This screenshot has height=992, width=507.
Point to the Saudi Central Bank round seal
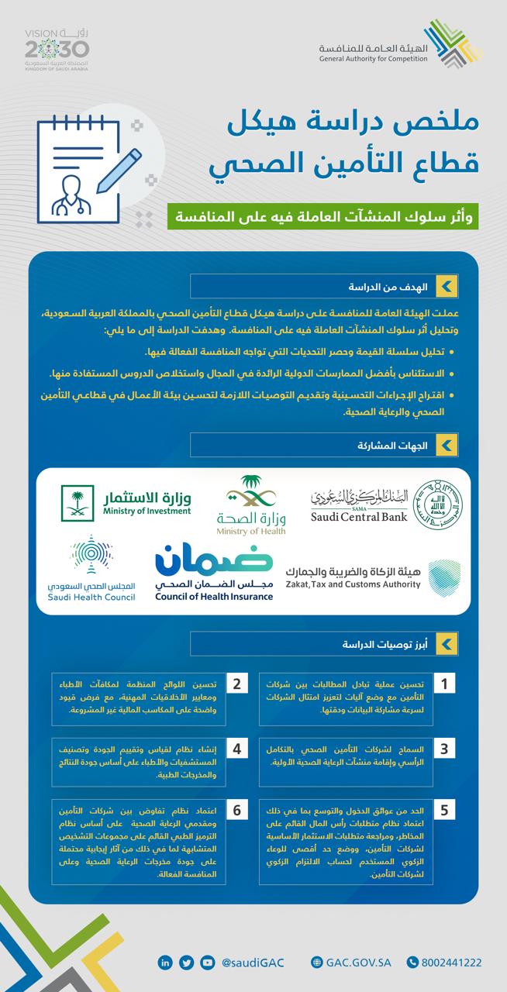[x=438, y=505]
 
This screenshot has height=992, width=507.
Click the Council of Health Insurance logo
[x=214, y=570]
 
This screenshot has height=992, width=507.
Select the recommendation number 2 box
[x=236, y=684]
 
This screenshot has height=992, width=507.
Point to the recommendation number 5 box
[x=443, y=811]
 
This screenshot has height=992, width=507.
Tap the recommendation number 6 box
[x=236, y=811]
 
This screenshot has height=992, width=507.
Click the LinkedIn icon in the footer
[x=165, y=963]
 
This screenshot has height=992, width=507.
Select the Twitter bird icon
[x=186, y=963]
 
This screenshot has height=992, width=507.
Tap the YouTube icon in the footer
[x=206, y=963]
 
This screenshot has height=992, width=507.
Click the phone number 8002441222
[x=452, y=963]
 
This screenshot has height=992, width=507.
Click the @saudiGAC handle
[x=253, y=963]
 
